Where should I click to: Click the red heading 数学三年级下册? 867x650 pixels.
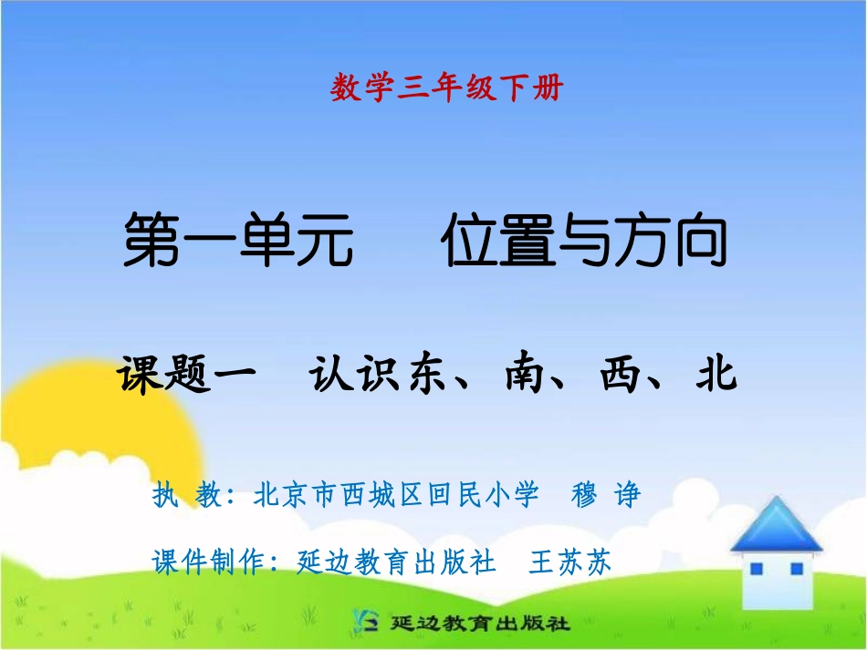(x=447, y=88)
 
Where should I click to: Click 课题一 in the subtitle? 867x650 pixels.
(x=188, y=374)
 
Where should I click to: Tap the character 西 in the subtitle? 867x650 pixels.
(x=622, y=374)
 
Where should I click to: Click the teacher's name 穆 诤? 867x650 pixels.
(x=606, y=495)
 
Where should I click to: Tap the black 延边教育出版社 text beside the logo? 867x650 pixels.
(x=480, y=624)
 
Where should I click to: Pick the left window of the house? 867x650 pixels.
(x=756, y=569)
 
